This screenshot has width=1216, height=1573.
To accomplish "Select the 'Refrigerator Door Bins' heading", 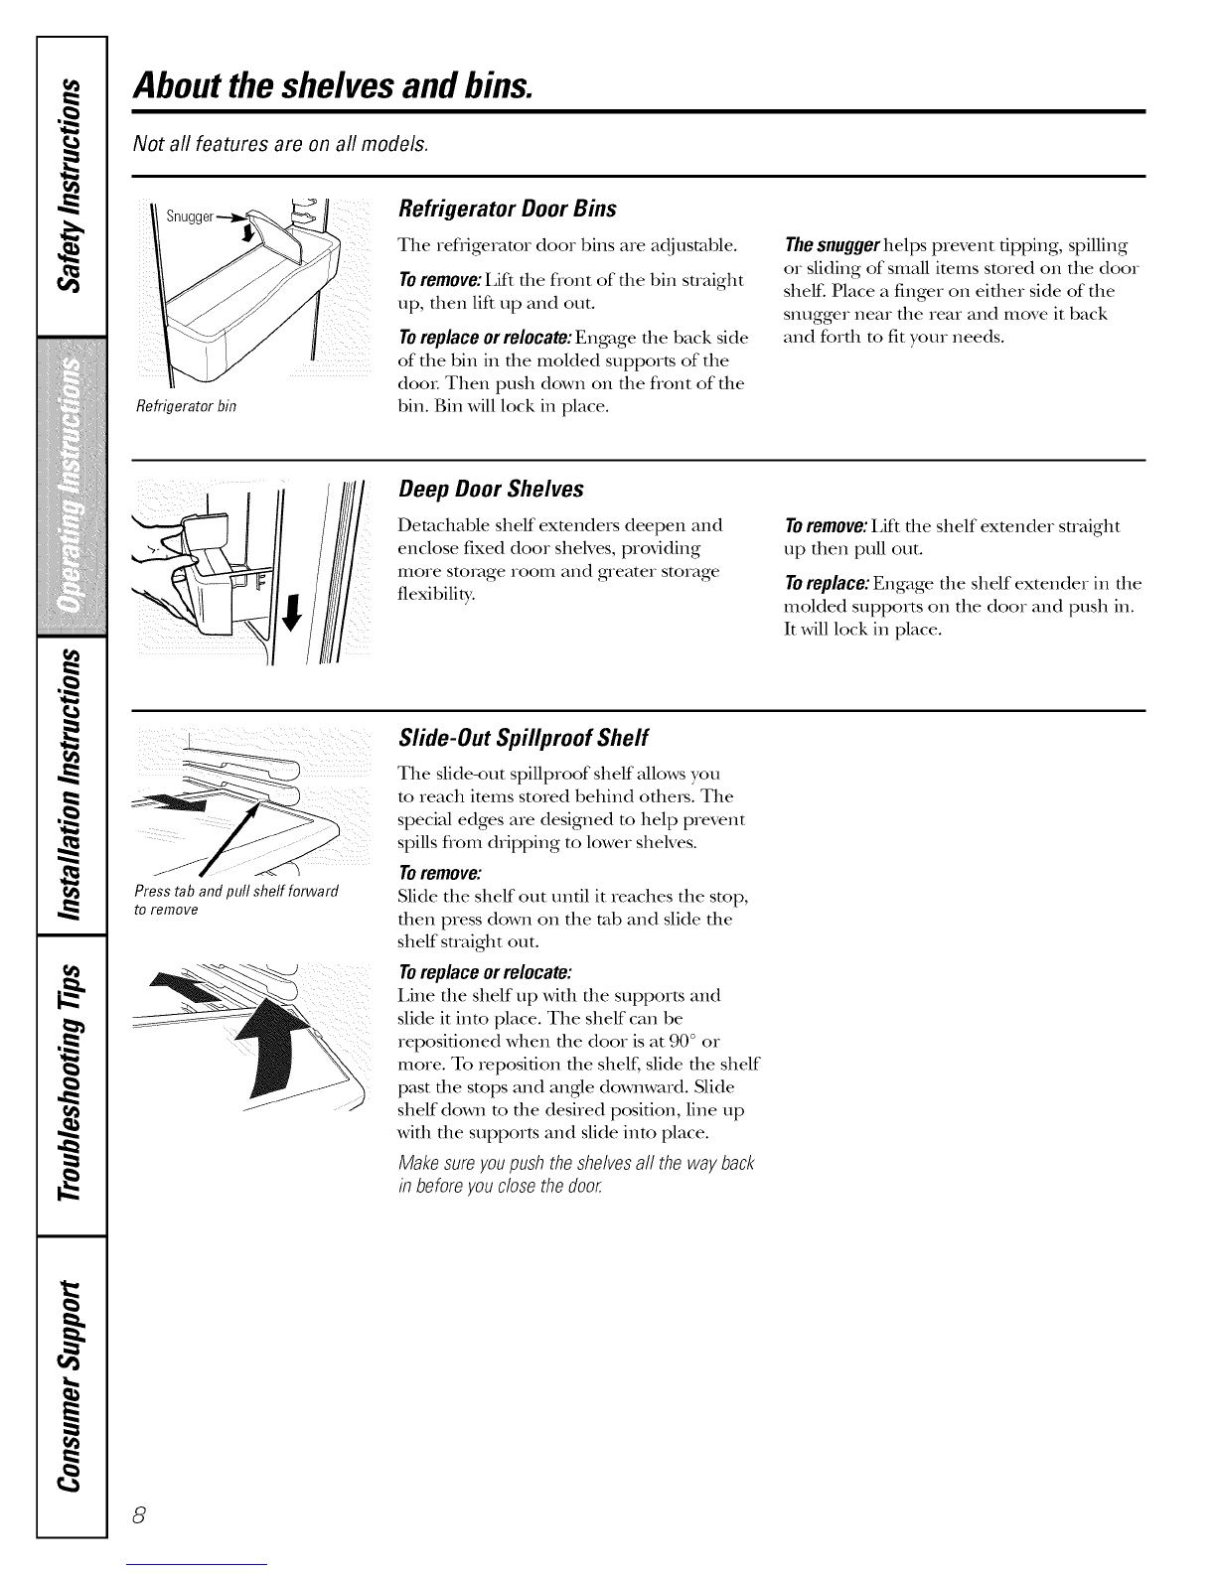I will tap(507, 209).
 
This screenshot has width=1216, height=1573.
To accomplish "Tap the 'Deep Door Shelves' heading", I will tap(490, 490).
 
